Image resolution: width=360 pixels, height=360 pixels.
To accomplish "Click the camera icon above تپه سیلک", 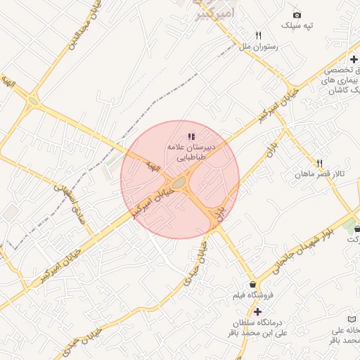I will coord(297,15).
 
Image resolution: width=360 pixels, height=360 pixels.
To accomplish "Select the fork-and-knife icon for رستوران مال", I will coord(259,35).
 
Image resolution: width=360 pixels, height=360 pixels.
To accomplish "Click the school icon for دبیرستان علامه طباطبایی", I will coord(192,136).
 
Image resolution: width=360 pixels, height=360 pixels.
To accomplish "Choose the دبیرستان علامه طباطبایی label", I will coord(191,153).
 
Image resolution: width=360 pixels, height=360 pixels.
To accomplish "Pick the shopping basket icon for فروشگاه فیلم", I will coord(252,284).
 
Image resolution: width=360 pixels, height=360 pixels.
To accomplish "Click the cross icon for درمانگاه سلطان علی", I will coord(257,311).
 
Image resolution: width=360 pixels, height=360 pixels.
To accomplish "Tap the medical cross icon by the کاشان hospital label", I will coord(353,59).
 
